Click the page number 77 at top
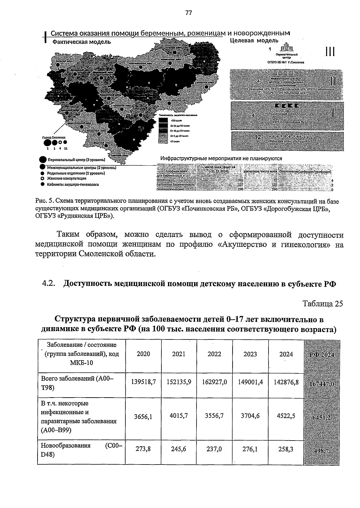(188, 13)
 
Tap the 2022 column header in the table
(214, 354)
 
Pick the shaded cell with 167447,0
(322, 385)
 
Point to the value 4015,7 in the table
(178, 416)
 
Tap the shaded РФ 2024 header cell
(322, 355)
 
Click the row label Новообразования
(66, 446)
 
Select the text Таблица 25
(322, 304)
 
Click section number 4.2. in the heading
(49, 284)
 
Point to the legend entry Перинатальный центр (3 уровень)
(76, 160)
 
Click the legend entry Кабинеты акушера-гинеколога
(73, 184)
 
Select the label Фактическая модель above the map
(82, 42)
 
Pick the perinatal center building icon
(287, 48)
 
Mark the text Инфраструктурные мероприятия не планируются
(221, 158)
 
